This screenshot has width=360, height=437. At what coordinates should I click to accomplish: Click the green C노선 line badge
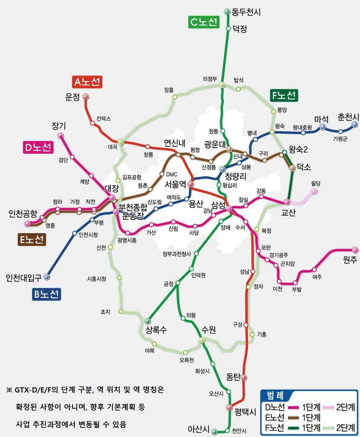click(x=204, y=22)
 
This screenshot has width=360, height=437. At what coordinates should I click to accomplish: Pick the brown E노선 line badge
click(x=32, y=240)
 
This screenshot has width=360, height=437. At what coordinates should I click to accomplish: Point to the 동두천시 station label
click(x=246, y=12)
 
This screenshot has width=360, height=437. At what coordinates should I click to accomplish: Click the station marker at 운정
click(x=86, y=97)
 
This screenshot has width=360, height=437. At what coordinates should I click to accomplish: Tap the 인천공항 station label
click(x=23, y=214)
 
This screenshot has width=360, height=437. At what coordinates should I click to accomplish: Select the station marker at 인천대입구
click(x=47, y=277)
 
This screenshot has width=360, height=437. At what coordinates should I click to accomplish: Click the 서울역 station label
click(x=176, y=184)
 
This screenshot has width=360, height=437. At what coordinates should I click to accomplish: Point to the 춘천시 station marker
click(x=354, y=124)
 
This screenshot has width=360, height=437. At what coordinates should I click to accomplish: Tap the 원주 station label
click(x=350, y=260)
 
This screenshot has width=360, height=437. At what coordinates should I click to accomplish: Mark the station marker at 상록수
click(x=148, y=321)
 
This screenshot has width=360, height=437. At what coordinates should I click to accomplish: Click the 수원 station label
click(x=208, y=330)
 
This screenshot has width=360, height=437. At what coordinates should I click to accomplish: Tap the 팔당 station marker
click(x=314, y=191)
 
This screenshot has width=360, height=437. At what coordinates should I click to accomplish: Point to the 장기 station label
click(x=59, y=126)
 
